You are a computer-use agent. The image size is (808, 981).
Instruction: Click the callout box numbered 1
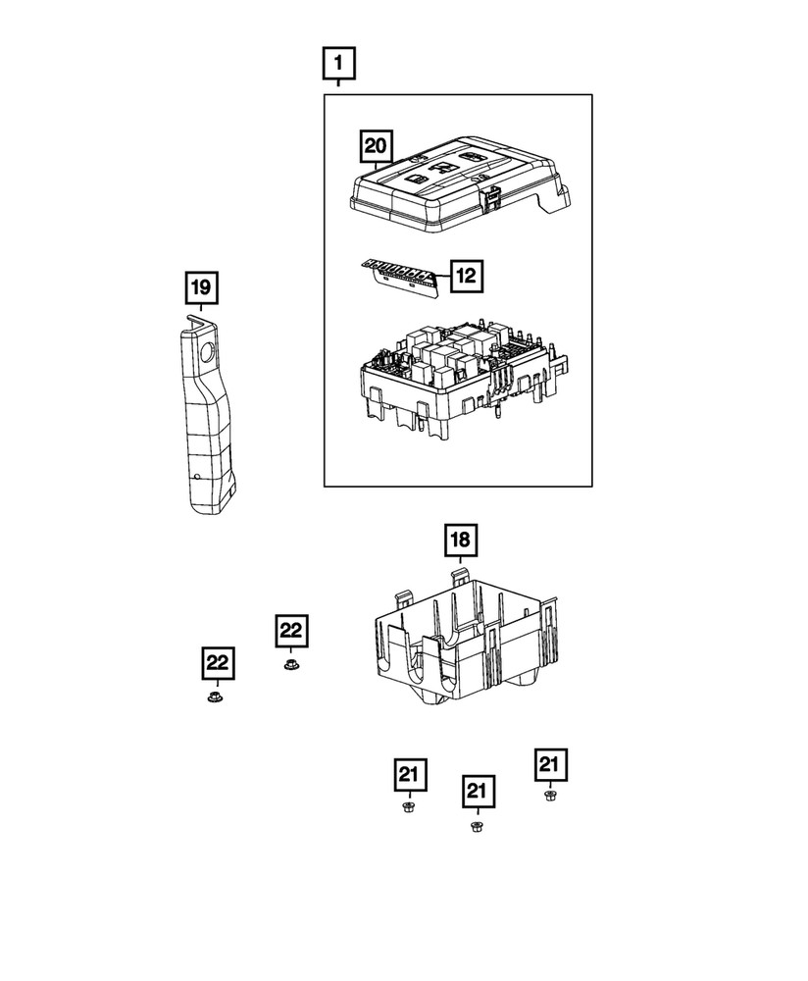339,66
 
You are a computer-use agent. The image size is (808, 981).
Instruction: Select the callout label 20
376,147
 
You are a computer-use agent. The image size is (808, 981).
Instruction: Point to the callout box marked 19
200,288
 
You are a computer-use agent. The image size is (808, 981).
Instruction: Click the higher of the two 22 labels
290,632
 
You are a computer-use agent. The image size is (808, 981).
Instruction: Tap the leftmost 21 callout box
409,775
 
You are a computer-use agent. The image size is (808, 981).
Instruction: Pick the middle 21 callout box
476,790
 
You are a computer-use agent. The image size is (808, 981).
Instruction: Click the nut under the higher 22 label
290,665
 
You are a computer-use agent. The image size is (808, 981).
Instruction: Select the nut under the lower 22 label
214,697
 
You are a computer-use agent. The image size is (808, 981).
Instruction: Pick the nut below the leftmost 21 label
407,807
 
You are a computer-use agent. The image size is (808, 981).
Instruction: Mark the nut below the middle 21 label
476,827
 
